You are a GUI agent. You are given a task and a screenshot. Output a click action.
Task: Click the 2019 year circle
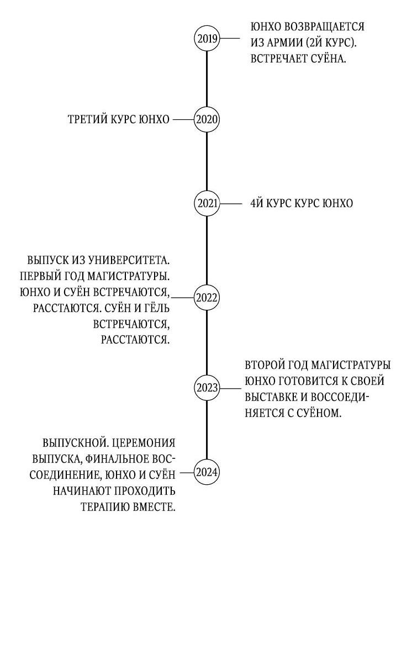coord(207,39)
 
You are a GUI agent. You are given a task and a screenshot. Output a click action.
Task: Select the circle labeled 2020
coord(207,119)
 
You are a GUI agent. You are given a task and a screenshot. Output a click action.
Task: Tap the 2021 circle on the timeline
coord(207,204)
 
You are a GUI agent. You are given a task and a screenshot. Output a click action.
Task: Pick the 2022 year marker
coord(207,298)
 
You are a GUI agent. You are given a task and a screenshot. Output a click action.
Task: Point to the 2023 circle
coord(207,388)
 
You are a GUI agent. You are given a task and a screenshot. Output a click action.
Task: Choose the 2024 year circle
coord(207,473)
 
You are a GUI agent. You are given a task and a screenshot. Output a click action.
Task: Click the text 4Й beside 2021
coord(257,204)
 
